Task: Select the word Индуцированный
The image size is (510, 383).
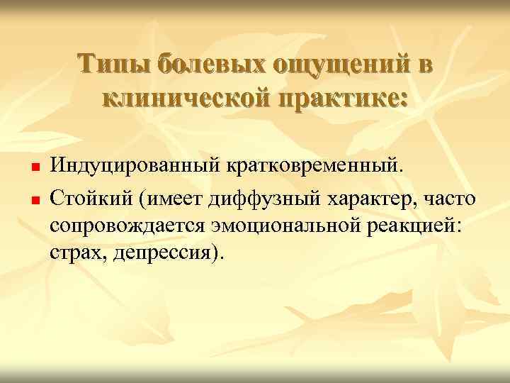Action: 135,167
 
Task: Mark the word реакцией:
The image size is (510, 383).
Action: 411,225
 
